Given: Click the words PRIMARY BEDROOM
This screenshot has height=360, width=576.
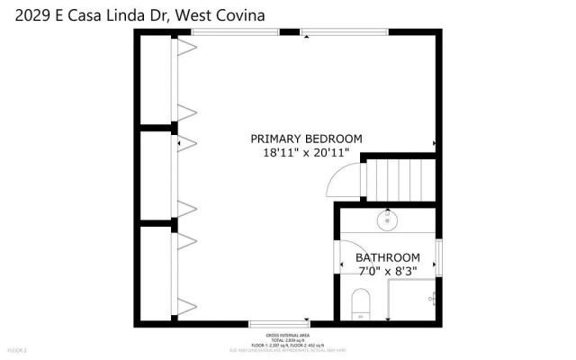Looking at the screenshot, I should (x=306, y=139).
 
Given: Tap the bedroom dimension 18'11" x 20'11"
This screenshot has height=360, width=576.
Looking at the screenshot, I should (x=306, y=153).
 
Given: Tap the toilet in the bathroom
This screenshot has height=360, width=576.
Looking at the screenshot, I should (x=359, y=304).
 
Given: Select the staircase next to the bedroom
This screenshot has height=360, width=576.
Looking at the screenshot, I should (x=400, y=178).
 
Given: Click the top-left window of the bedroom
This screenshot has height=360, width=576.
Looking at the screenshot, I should (x=235, y=32).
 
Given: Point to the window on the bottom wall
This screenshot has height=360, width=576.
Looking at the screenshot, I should (x=280, y=322).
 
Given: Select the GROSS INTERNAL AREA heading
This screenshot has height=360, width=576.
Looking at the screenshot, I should (x=288, y=332).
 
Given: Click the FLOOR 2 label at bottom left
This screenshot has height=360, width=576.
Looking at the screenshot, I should (x=18, y=349).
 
